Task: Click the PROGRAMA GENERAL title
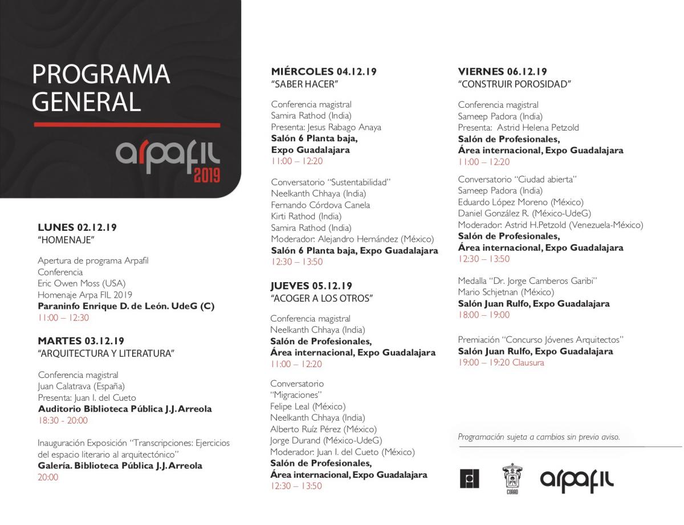click(x=101, y=88)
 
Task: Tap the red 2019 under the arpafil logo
click(x=206, y=174)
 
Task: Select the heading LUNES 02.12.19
click(x=77, y=227)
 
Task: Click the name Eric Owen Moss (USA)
click(x=82, y=283)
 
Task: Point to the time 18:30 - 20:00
click(x=63, y=420)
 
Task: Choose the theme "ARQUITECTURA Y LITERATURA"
click(x=106, y=353)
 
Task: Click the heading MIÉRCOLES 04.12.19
click(x=324, y=72)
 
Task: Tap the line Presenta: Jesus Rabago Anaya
click(x=326, y=127)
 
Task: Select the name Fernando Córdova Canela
click(x=320, y=205)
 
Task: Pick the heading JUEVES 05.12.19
click(x=311, y=286)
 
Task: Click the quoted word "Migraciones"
click(x=296, y=394)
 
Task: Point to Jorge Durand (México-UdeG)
click(x=326, y=440)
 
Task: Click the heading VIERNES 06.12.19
click(x=502, y=72)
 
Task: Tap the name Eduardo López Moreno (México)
click(x=520, y=202)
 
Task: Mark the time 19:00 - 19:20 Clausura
click(x=501, y=363)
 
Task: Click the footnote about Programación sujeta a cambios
click(x=539, y=437)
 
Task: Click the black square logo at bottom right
click(x=469, y=479)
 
